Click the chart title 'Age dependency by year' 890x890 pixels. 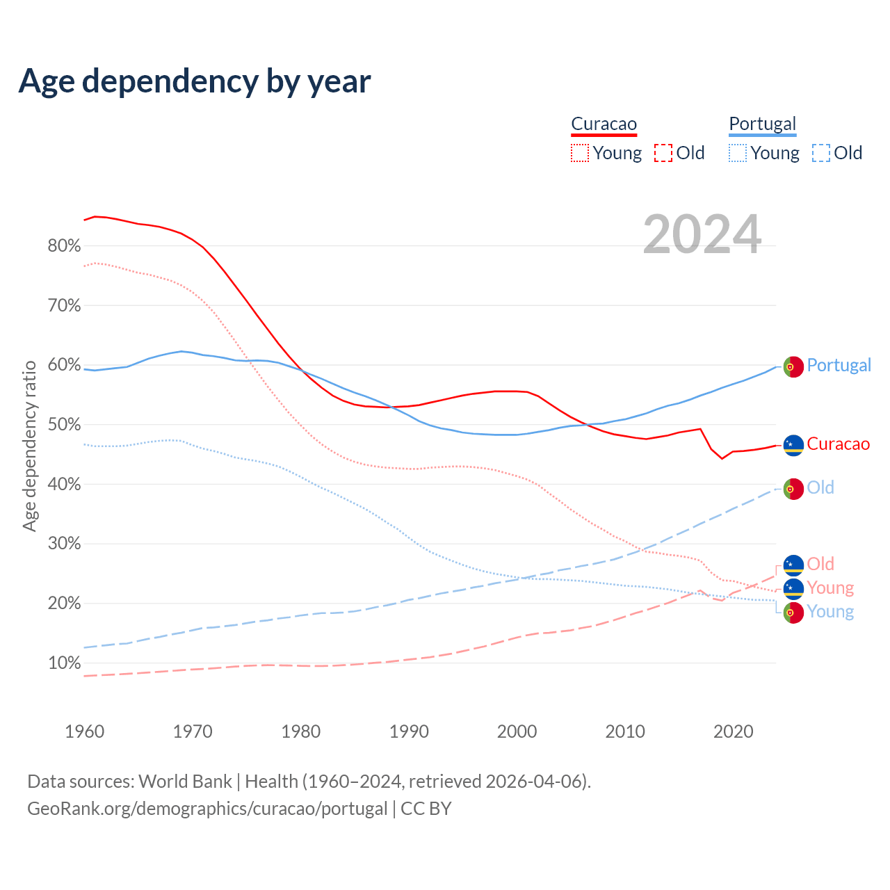195,81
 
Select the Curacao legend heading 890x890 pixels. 604,124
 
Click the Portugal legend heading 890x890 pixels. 762,124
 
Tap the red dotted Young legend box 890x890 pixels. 579,153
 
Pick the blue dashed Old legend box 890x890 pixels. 820,153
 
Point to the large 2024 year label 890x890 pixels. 702,234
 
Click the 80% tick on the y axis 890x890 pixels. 64,246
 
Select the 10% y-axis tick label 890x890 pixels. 64,663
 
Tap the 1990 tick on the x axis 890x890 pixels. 409,731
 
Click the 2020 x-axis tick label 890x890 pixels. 734,731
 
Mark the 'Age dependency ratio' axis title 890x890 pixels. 29,446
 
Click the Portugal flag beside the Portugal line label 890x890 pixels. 793,366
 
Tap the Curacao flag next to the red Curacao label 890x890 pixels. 793,445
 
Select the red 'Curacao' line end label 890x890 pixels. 838,444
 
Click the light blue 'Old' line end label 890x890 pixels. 820,487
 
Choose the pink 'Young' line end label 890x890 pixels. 830,588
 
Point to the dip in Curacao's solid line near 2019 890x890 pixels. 722,458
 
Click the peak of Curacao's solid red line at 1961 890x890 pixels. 95,216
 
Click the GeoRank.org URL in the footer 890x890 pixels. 207,809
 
